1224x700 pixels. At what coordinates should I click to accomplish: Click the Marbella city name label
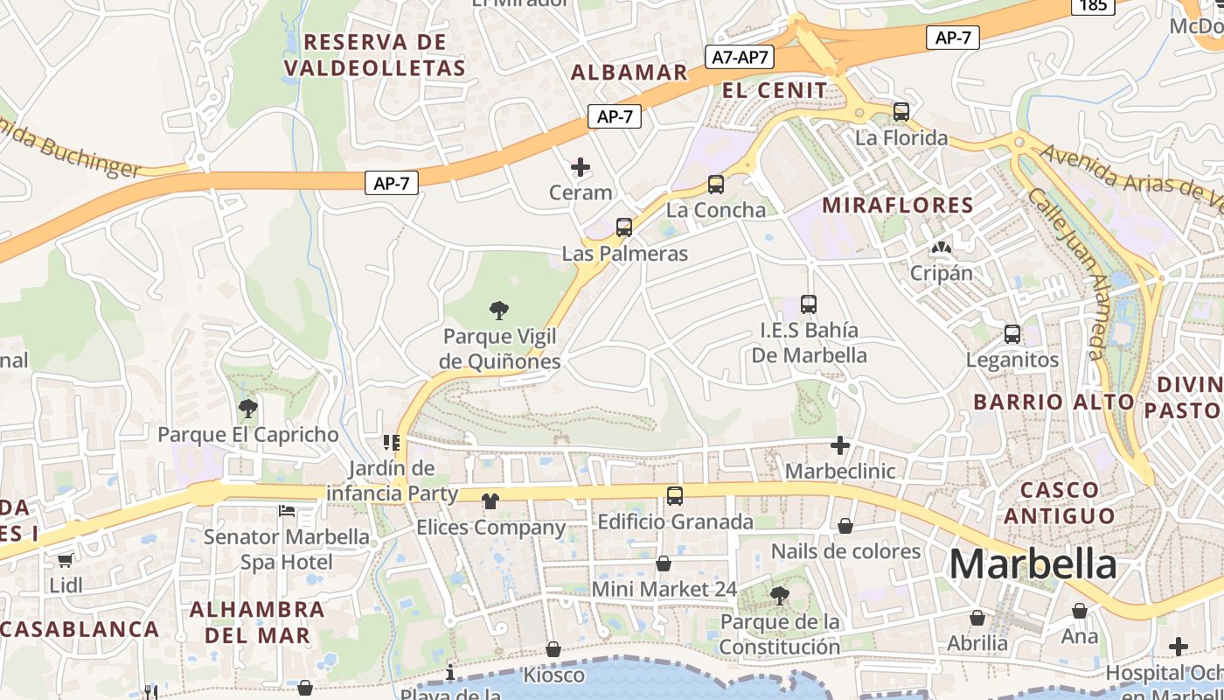[x=1033, y=564]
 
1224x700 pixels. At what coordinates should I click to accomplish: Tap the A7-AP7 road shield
[x=740, y=58]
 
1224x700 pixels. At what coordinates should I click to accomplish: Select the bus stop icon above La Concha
[x=715, y=185]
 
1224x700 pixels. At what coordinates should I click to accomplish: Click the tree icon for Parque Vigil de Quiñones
[x=499, y=310]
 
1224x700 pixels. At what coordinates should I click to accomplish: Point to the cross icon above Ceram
[x=581, y=167]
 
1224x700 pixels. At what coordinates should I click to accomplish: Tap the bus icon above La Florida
[x=901, y=112]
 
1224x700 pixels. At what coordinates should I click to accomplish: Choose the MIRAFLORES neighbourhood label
[x=898, y=206]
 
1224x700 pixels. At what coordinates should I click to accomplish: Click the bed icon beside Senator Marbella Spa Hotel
[x=287, y=510]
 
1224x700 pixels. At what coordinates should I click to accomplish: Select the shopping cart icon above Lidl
[x=66, y=560]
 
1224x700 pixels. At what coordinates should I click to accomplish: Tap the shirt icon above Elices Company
[x=490, y=501]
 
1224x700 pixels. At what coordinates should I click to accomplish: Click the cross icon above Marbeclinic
[x=840, y=445]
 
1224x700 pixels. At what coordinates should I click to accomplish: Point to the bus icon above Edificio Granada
[x=675, y=496]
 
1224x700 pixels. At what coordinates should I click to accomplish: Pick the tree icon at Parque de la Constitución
[x=779, y=596]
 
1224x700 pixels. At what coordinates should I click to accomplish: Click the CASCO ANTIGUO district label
[x=1059, y=502]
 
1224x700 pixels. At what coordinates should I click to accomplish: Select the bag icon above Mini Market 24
[x=664, y=563]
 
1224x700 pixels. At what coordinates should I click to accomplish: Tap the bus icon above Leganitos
[x=1012, y=334]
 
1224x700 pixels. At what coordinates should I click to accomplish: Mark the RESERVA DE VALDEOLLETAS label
[x=375, y=55]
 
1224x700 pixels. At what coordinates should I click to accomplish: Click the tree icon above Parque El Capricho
[x=248, y=408]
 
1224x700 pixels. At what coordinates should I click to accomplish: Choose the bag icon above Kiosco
[x=553, y=649]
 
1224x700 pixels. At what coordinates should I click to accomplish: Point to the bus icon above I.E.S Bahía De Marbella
[x=809, y=304]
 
